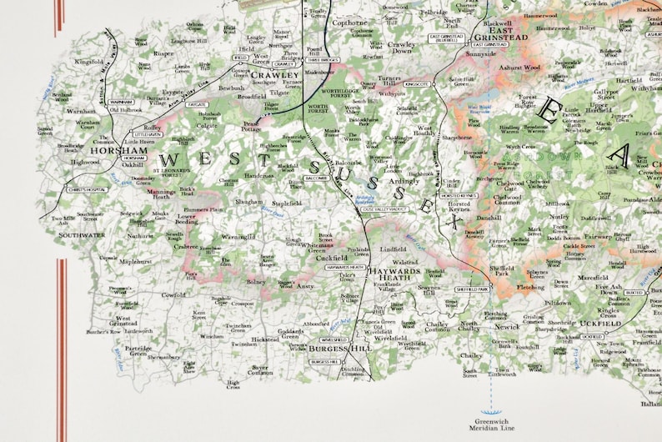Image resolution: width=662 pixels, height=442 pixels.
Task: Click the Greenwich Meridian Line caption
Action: pyautogui.click(x=495, y=424)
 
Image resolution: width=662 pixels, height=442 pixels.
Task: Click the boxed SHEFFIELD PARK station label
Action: pyautogui.click(x=472, y=289)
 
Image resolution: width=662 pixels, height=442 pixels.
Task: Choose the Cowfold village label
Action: pyautogui.click(x=173, y=294)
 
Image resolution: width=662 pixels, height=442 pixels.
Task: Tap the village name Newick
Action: pyautogui.click(x=506, y=327)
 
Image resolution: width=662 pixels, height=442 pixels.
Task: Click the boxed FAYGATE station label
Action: pyautogui.click(x=198, y=106)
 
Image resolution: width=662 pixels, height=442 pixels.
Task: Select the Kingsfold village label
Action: pyautogui.click(x=88, y=61)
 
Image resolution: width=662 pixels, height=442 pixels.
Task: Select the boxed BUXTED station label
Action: pyautogui.click(x=634, y=294)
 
